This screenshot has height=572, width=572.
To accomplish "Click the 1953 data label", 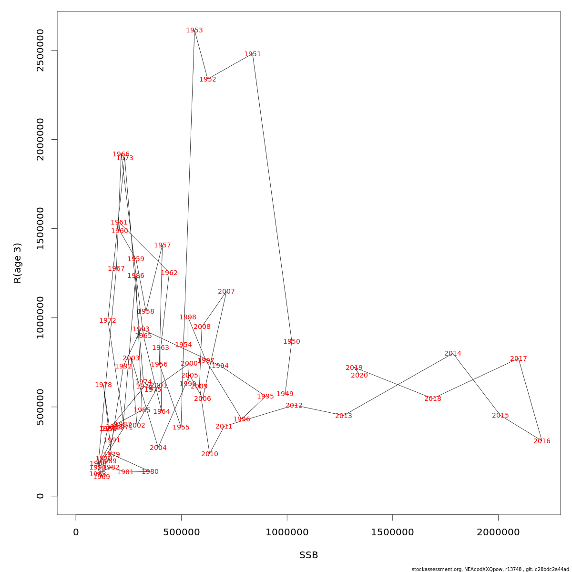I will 194,31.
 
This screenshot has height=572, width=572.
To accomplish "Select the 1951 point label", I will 253,54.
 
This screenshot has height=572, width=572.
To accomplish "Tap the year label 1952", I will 208,80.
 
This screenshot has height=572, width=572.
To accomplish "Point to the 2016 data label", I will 542,441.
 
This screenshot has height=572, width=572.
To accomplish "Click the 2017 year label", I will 519,359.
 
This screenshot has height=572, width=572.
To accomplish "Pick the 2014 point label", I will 453,354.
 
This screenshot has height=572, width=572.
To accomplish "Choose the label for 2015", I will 500,416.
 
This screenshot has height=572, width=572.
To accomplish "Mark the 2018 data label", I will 433,399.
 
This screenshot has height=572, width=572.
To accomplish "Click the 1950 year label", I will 292,342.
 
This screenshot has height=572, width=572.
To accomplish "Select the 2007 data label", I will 226,292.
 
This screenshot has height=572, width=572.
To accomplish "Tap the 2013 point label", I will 344,416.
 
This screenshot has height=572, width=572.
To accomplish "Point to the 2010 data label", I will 210,454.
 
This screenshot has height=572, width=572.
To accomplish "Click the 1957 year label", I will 163,245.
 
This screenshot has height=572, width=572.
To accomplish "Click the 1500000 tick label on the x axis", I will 392,532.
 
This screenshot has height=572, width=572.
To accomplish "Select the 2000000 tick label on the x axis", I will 498,532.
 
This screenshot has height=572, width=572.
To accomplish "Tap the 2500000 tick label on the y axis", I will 40,50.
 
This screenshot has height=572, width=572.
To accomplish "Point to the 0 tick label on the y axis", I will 40,496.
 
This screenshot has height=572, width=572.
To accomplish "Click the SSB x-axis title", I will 309,555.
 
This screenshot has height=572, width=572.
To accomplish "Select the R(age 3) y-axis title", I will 18,263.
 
